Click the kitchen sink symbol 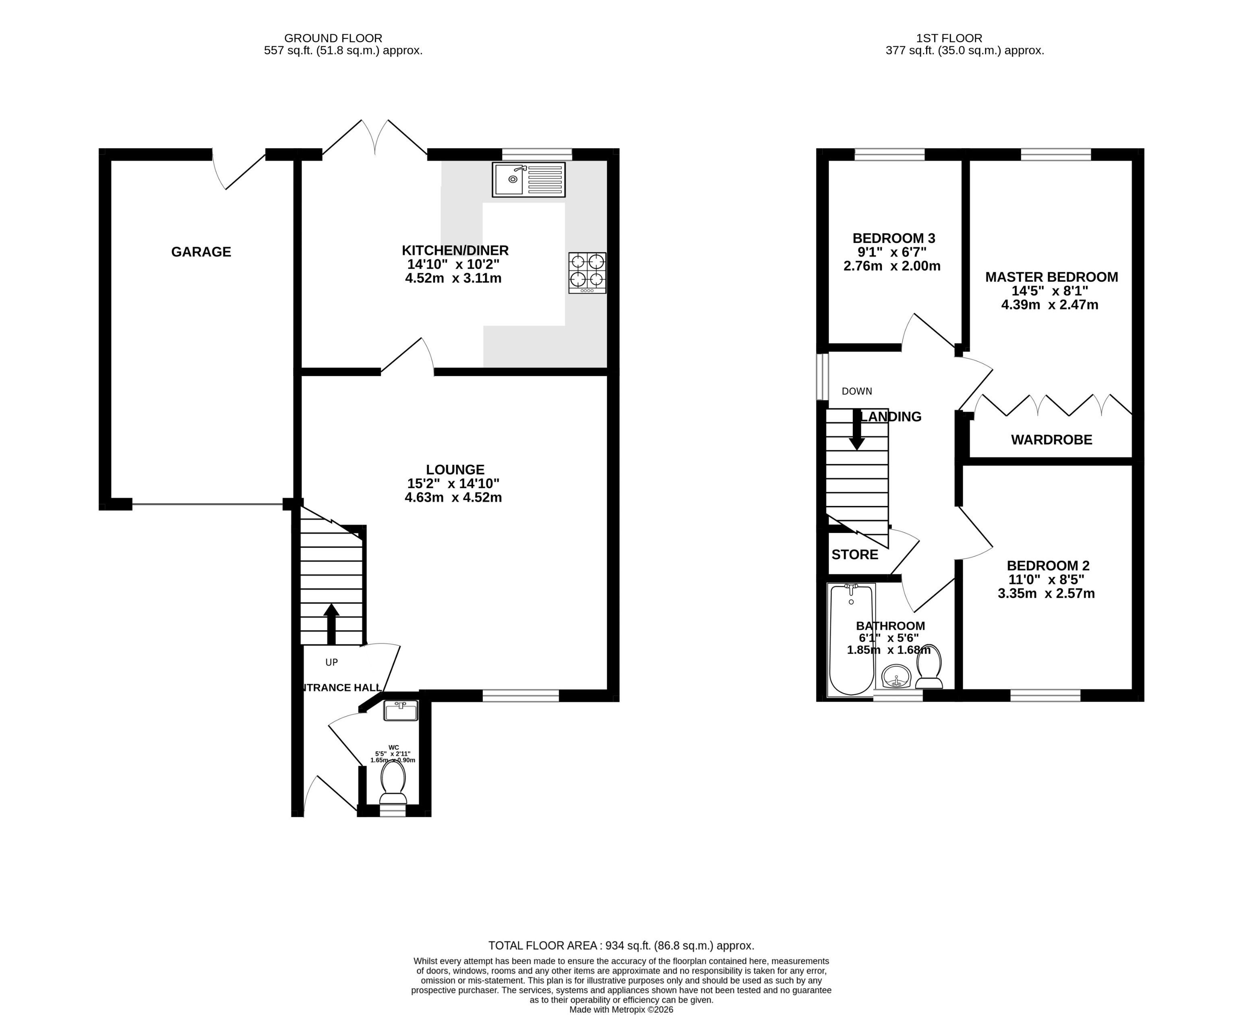(x=528, y=180)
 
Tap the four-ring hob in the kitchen (x=587, y=272)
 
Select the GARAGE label (x=201, y=252)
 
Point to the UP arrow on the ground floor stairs (x=331, y=623)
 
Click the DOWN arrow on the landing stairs (x=857, y=430)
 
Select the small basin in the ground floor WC (x=401, y=711)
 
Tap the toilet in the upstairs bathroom (x=929, y=667)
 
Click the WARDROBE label (x=1051, y=440)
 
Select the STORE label (x=854, y=554)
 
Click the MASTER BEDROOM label (x=1051, y=277)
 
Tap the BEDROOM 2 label (x=1048, y=565)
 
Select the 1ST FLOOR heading (x=941, y=38)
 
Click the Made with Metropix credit (x=621, y=1009)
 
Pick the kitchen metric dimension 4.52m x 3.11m (x=453, y=278)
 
